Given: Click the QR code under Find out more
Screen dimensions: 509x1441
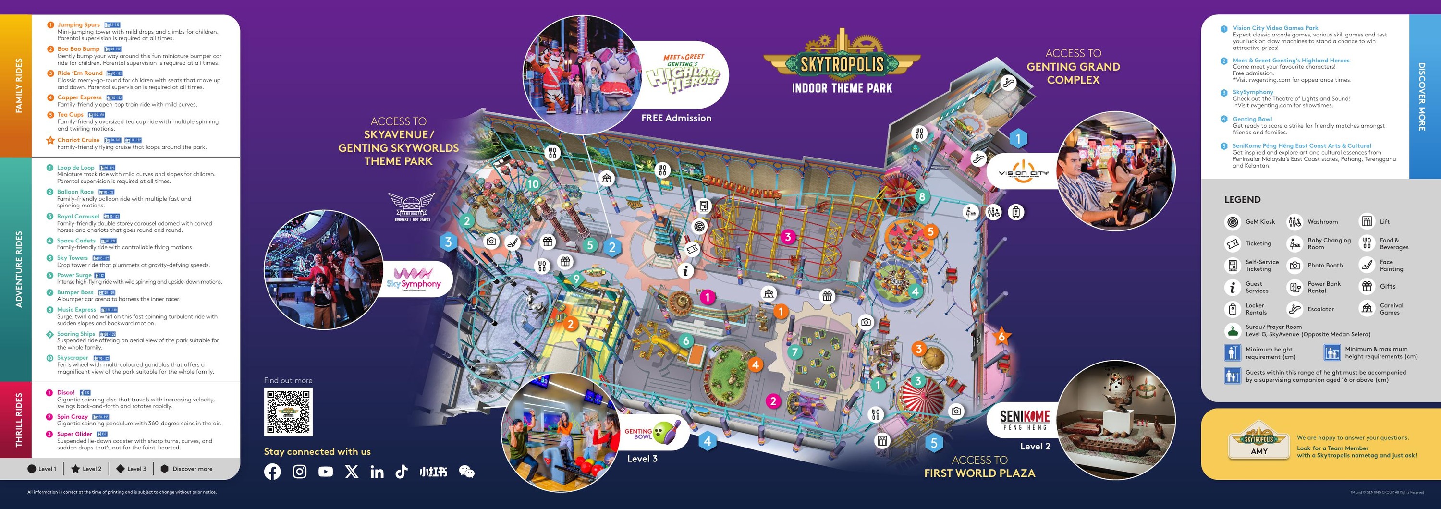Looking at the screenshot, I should point(288,412).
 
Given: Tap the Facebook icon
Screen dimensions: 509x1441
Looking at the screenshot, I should point(272,472).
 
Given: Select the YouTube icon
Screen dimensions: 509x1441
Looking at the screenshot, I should point(326,472).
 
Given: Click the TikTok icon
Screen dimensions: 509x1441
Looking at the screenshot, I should point(401,472).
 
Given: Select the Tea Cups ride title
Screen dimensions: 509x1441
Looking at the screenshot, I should point(71,115).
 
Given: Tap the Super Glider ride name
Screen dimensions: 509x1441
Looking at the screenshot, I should point(74,434).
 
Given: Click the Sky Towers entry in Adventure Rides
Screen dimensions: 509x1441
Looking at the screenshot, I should point(72,258).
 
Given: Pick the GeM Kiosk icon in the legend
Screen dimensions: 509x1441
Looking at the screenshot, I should point(1233,222).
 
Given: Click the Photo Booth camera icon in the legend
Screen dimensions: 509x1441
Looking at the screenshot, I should point(1294,266).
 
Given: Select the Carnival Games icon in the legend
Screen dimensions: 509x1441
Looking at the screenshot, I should point(1367,309).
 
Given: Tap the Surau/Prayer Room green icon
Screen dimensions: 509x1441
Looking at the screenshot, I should point(1233,330).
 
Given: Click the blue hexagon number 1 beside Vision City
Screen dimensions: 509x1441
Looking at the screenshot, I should point(1018,138).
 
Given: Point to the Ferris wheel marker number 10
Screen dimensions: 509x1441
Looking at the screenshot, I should point(533,183).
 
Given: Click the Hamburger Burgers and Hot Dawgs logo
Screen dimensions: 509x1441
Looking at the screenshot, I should point(412,207).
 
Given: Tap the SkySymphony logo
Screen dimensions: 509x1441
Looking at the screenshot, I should point(414,279).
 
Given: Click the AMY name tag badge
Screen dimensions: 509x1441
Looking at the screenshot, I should point(1259,441).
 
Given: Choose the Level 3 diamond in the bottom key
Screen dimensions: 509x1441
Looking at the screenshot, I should point(120,469).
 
